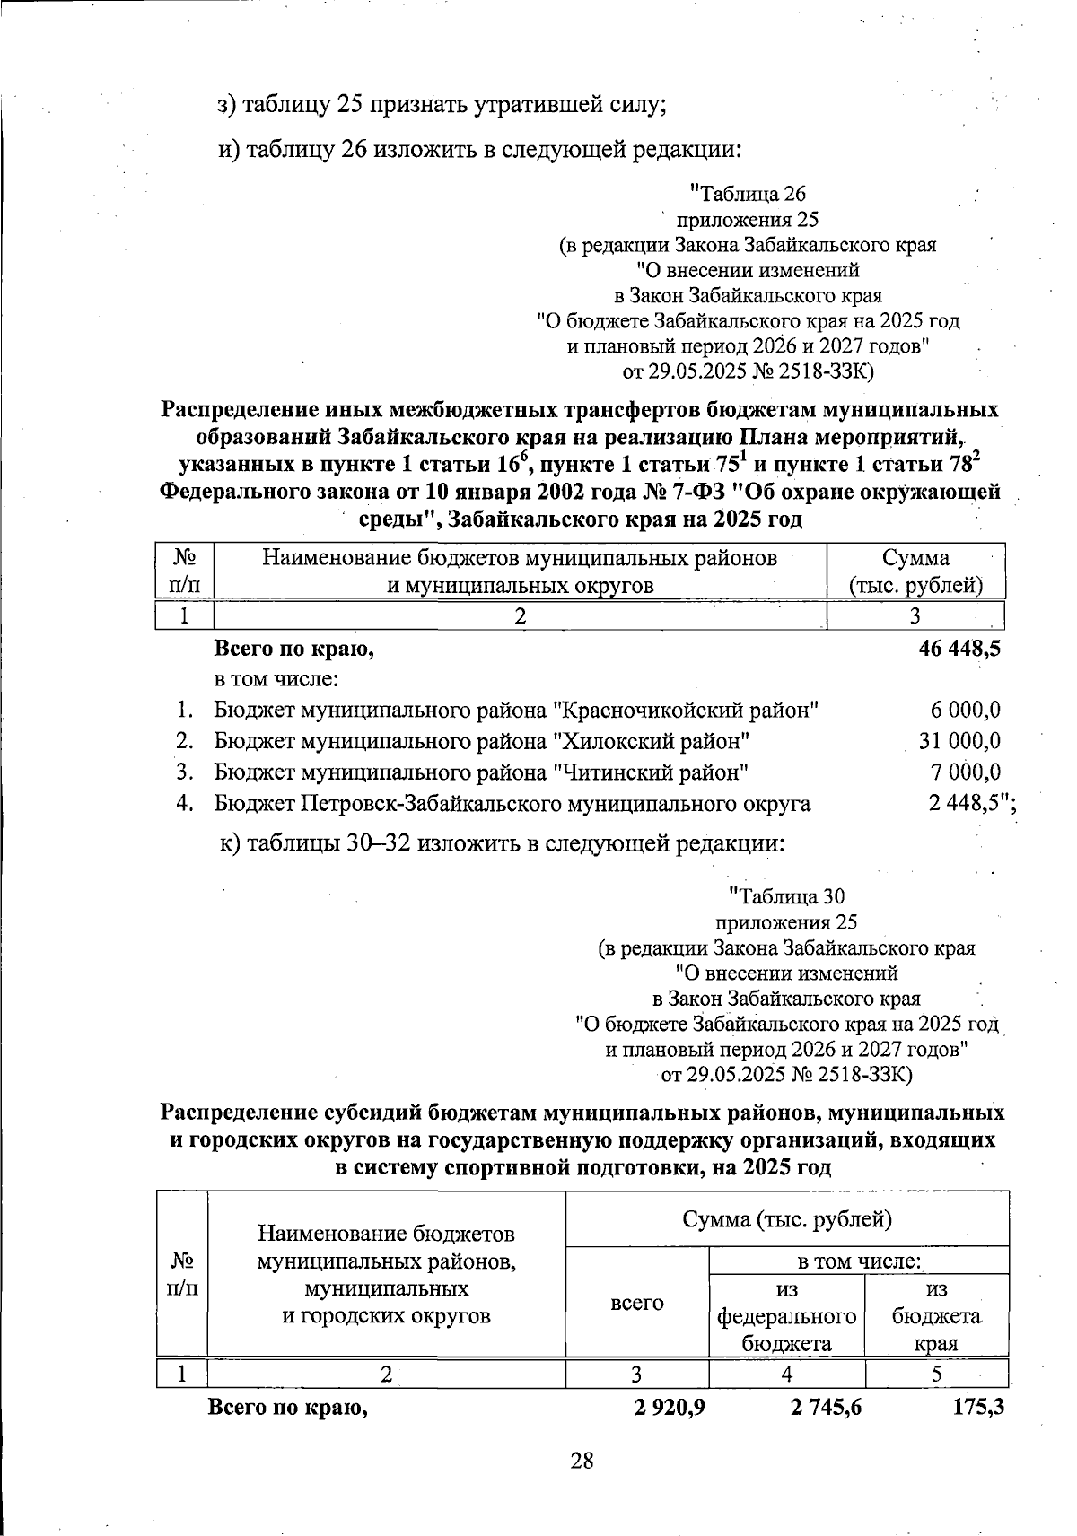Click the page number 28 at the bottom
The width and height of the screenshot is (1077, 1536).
[582, 1461]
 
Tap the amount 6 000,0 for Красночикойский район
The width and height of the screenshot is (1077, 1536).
[966, 710]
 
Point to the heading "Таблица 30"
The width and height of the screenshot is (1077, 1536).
[786, 896]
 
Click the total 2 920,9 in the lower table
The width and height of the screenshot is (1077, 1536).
[669, 1408]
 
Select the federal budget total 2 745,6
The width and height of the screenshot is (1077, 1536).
[826, 1408]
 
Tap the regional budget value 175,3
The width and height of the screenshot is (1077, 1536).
[977, 1408]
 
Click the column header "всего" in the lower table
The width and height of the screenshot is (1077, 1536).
[636, 1303]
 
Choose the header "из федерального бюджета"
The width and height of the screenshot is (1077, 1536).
[786, 1316]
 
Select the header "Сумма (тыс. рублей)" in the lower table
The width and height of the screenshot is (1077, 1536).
[786, 1219]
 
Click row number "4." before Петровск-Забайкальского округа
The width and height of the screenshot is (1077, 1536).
[185, 803]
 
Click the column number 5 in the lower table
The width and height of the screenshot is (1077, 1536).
[937, 1374]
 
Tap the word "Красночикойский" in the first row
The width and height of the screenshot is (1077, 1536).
[682, 710]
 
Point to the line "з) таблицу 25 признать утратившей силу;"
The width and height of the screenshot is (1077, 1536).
[442, 105]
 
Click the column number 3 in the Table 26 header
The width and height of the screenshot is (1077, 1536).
[915, 615]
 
